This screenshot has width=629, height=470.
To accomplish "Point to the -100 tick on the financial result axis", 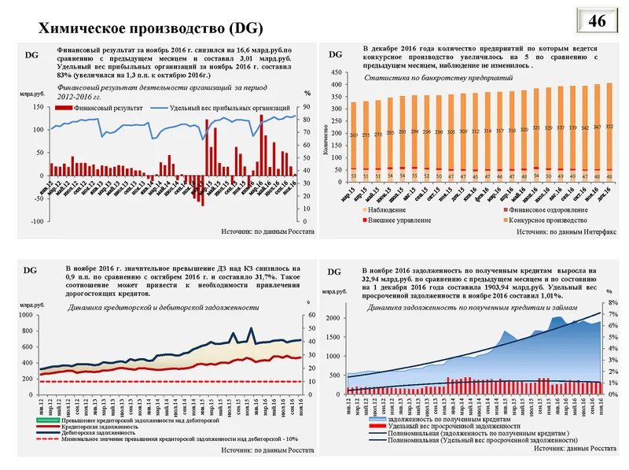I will tap(36, 221).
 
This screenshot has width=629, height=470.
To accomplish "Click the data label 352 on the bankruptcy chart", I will tap(609, 126).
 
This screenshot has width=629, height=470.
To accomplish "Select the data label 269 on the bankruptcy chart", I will tap(354, 135).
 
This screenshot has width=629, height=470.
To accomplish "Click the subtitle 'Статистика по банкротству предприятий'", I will tap(427, 80).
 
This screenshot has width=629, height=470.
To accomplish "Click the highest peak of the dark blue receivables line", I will tap(251, 328).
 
